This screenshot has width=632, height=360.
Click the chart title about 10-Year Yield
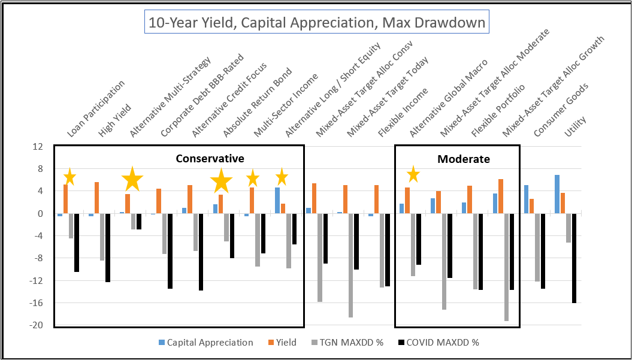point(316,23)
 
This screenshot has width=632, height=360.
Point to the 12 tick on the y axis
point(38,147)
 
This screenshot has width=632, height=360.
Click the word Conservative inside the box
point(210,159)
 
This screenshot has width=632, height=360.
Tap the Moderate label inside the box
point(463,159)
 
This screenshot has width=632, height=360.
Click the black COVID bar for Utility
point(574,258)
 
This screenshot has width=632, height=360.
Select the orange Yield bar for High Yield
point(96,198)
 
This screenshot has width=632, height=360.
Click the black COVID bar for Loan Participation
point(77,243)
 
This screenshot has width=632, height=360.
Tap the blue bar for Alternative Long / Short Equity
point(277,201)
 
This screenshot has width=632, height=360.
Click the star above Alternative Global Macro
point(413,175)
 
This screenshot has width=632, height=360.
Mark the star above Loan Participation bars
point(69,177)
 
